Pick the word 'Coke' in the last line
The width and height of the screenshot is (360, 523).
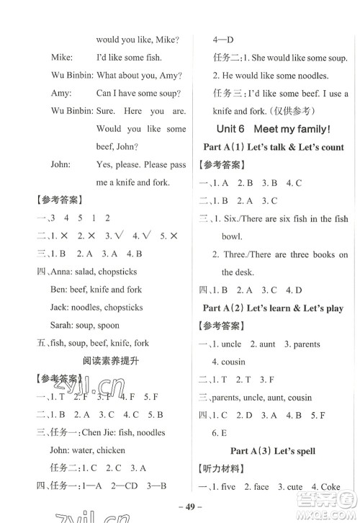point(330,488)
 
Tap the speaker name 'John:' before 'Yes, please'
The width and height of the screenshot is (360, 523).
point(60,164)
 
